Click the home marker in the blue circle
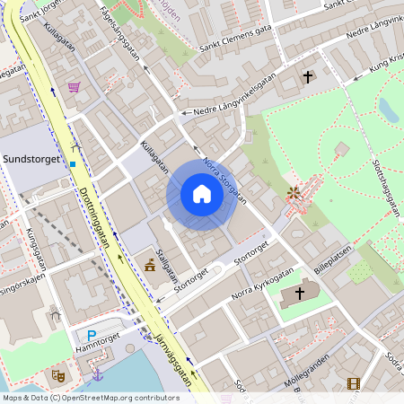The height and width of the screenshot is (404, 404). coord(201,195)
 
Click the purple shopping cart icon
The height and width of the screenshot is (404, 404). coord(74,87)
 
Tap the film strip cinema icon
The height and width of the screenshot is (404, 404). coord(353,383)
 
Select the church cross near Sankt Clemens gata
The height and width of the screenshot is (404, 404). coord(308,78)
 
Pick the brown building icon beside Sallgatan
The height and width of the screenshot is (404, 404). coord(149,266)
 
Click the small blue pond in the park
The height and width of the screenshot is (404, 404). coord(389,110)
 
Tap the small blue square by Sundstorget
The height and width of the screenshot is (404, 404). coord(72,164)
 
